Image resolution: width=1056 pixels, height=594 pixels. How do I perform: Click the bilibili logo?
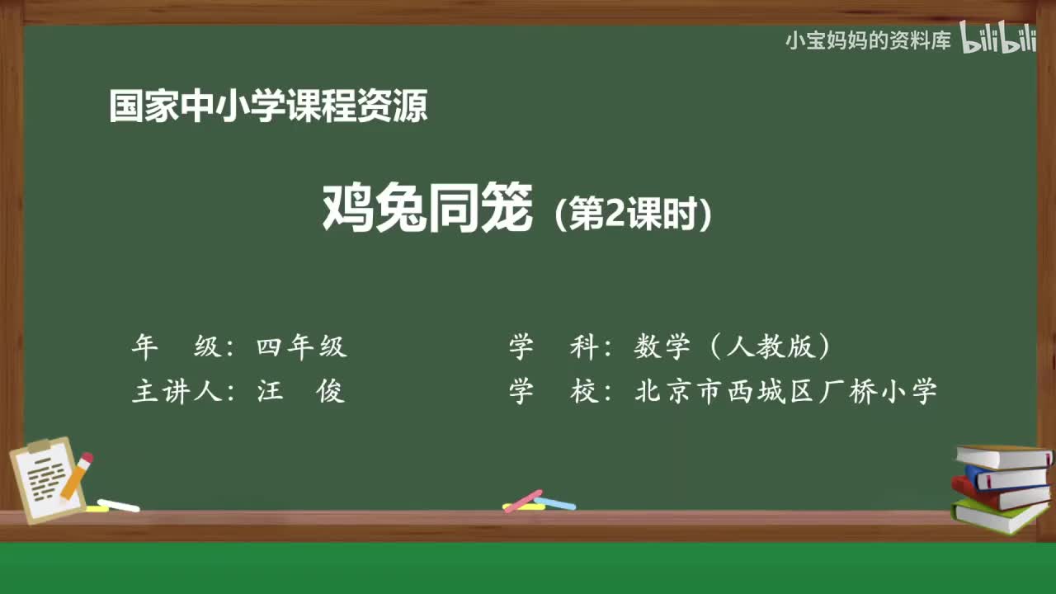[x=998, y=40]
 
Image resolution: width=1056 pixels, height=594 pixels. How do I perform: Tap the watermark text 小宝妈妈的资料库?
[x=868, y=40]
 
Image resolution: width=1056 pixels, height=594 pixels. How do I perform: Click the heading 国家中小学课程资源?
[x=268, y=107]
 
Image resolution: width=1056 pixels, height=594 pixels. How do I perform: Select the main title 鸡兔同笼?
[x=427, y=209]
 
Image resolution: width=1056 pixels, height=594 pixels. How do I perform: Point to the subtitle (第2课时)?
[x=633, y=215]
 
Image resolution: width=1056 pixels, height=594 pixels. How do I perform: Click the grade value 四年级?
[x=301, y=347]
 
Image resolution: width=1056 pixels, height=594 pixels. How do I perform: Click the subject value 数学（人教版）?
[x=733, y=347]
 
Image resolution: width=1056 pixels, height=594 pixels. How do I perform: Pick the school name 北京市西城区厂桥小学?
[x=785, y=390]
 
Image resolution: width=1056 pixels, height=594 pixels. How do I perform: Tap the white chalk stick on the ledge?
[x=118, y=505]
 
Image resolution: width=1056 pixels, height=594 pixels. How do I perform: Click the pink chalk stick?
[x=523, y=500]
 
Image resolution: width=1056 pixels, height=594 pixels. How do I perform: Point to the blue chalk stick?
[x=555, y=502]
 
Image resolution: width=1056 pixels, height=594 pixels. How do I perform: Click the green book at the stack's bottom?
[x=998, y=516]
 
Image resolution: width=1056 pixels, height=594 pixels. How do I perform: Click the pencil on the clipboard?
[x=77, y=475]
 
